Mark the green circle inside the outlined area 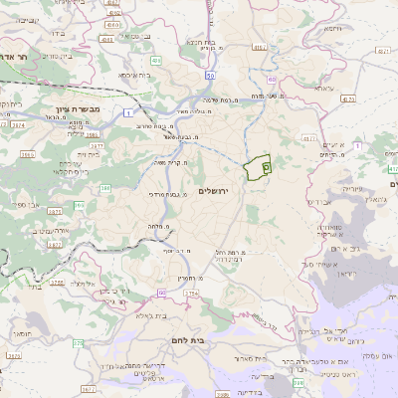coord(267,169)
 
